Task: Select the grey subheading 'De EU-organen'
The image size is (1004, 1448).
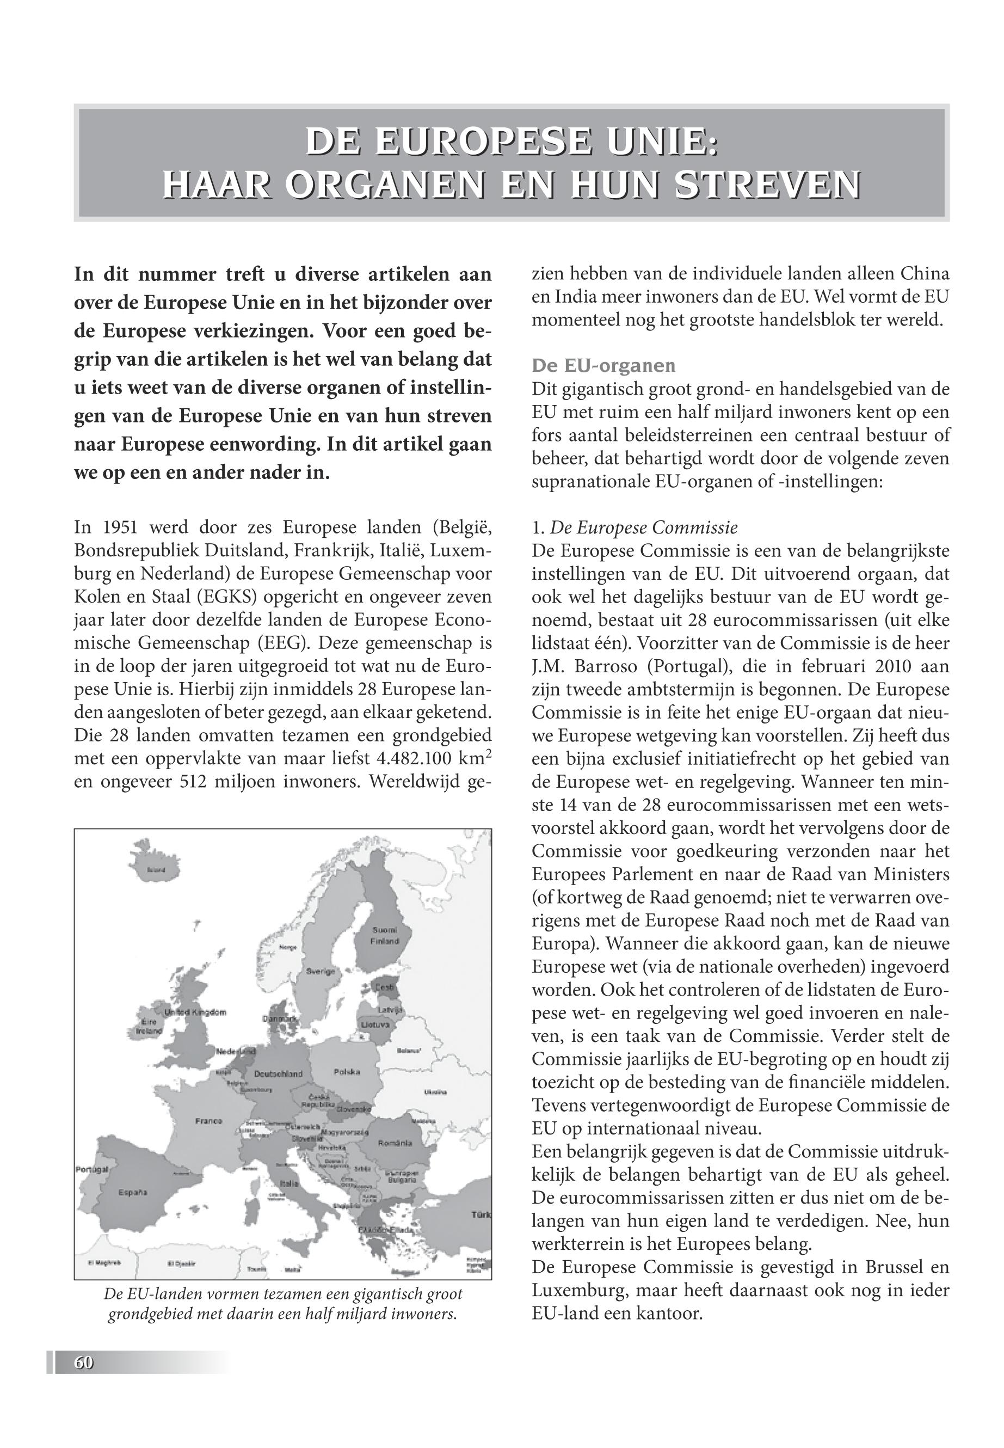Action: [x=603, y=366]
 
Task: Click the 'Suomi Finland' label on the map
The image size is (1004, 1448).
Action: [x=384, y=936]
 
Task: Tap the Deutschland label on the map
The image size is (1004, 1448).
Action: [x=279, y=1073]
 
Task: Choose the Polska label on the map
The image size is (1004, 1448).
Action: [x=347, y=1072]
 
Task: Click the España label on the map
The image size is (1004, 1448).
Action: [x=132, y=1193]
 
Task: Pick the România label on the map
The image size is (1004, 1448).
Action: [x=395, y=1143]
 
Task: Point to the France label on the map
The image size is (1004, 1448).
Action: [x=208, y=1121]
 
